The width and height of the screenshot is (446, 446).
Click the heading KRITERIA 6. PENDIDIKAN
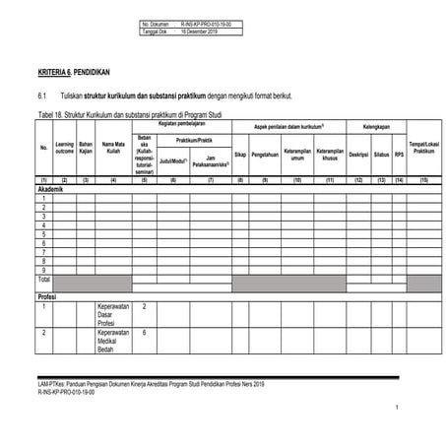click(73, 73)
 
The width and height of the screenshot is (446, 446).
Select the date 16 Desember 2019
click(204, 31)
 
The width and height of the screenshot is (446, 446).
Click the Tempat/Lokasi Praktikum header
click(423, 148)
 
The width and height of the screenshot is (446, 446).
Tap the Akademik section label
click(50, 189)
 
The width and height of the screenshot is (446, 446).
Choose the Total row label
click(44, 279)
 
